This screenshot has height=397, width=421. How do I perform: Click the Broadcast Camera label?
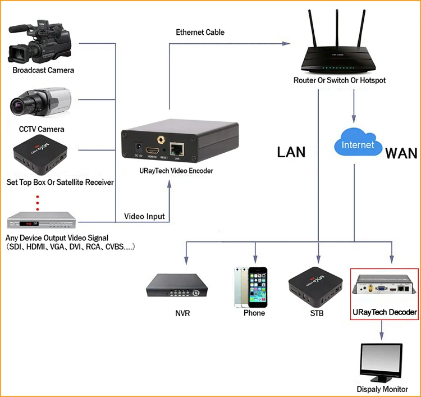[43, 70]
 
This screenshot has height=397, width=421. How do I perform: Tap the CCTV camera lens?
[17, 104]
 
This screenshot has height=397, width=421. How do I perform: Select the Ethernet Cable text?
[200, 32]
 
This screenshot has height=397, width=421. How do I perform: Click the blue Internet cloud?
[358, 142]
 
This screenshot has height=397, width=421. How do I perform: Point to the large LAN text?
[291, 152]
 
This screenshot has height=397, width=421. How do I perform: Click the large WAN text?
[401, 154]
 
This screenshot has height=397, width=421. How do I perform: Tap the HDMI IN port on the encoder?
[152, 150]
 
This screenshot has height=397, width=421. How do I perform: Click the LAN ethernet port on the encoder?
[177, 149]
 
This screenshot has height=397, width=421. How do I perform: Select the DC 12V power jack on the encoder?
[139, 148]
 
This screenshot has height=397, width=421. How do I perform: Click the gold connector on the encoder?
[161, 140]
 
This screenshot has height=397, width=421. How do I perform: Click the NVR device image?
[177, 285]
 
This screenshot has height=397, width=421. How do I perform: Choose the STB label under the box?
[317, 313]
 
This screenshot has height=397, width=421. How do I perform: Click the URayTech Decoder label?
[385, 312]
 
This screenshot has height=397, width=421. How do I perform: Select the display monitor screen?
[381, 360]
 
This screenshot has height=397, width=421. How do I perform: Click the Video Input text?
[144, 216]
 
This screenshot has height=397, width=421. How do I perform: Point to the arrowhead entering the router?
[286, 43]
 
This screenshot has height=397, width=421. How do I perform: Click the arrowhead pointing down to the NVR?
[186, 260]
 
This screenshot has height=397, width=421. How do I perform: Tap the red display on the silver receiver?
[29, 223]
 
